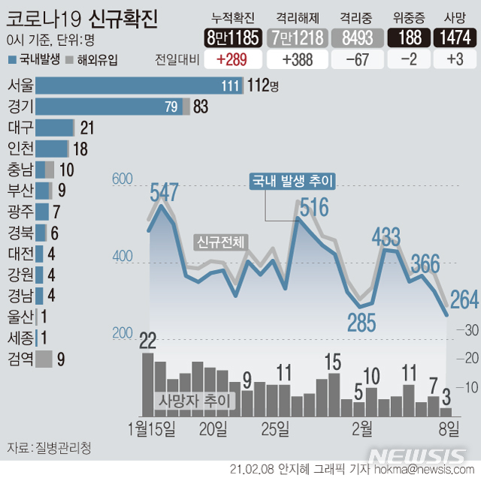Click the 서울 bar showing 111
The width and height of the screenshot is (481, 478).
click(139, 86)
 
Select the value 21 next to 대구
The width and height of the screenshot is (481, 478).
click(86, 128)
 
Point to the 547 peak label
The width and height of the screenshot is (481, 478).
click(164, 192)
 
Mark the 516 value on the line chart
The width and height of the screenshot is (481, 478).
click(314, 207)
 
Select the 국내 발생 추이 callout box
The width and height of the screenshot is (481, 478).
click(292, 181)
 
